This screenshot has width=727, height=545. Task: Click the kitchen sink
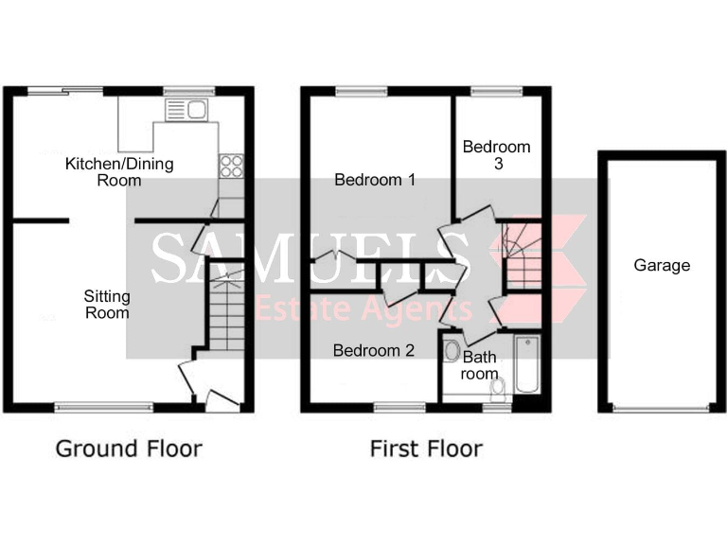click(186, 110)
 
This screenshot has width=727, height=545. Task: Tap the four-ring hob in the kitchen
click(231, 167)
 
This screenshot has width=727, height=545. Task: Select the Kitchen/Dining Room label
click(119, 171)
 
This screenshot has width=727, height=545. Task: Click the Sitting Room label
click(107, 304)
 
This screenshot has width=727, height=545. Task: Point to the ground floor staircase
click(226, 312)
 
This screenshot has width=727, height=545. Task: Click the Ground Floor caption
click(129, 448)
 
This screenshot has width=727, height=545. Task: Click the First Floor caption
click(426, 448)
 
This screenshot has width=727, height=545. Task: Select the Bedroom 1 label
click(376, 180)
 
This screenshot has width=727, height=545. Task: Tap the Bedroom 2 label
click(374, 350)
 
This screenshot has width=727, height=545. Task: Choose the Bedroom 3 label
click(496, 155)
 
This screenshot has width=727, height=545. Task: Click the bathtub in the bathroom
click(526, 364)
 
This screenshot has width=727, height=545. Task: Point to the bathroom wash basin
click(452, 350)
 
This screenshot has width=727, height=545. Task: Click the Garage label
click(662, 266)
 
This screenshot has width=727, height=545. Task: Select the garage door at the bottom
click(662, 408)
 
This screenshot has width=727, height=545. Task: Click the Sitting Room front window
click(104, 407)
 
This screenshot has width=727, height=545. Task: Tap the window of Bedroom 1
click(360, 91)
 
